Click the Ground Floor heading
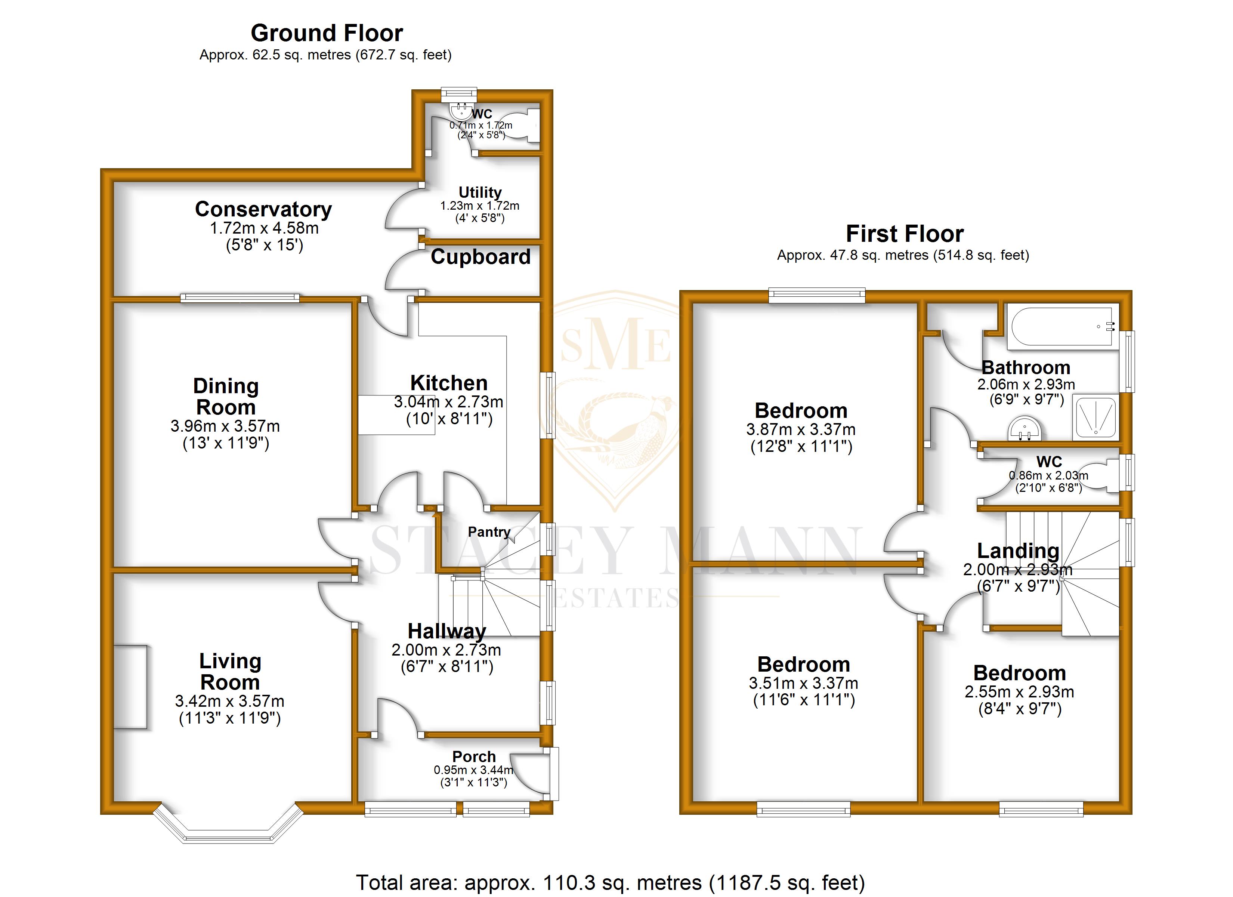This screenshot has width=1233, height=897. pyautogui.click(x=327, y=34)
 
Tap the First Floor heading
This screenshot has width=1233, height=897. pyautogui.click(x=905, y=234)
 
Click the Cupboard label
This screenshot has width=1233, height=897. pyautogui.click(x=480, y=257)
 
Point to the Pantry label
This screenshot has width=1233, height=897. pyautogui.click(x=489, y=532)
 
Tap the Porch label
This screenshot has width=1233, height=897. pyautogui.click(x=474, y=756)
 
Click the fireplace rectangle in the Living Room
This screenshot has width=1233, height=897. pyautogui.click(x=130, y=687)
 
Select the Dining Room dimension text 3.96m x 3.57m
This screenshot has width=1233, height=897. pyautogui.click(x=225, y=426)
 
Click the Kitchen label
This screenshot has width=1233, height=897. pyautogui.click(x=448, y=383)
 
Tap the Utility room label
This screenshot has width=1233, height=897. pyautogui.click(x=480, y=192)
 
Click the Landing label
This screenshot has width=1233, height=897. pyautogui.click(x=1018, y=551)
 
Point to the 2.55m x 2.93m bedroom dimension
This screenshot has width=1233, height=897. pyautogui.click(x=1019, y=692)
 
